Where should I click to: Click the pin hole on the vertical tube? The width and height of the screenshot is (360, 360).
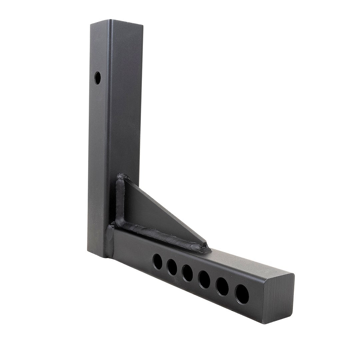[97, 78]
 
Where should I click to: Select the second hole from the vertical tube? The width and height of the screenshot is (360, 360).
[172, 267]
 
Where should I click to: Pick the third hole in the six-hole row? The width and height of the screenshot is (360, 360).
[187, 273]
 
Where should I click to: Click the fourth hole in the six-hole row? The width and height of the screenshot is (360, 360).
[204, 280]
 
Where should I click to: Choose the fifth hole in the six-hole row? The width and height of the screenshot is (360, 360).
[222, 287]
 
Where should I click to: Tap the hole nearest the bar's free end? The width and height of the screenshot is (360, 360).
[242, 294]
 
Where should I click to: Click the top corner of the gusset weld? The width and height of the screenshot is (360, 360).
[123, 176]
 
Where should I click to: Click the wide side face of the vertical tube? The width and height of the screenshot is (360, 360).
[120, 117]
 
